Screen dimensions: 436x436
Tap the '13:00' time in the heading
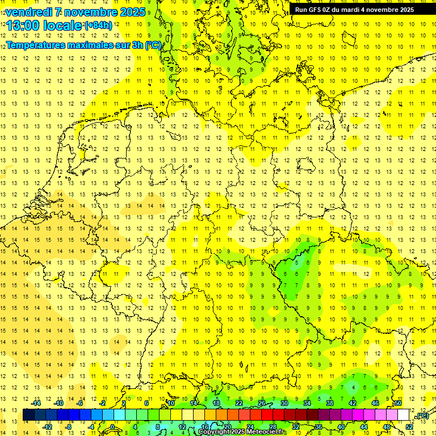[x=23, y=25]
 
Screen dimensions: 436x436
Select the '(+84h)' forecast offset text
[x=98, y=25]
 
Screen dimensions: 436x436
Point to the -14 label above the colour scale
[x=36, y=403]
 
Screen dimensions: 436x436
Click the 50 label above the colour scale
[x=398, y=403]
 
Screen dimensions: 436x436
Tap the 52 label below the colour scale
[x=409, y=426]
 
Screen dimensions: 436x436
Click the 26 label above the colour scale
[x=262, y=403]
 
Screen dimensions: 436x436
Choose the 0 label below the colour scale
[x=112, y=426]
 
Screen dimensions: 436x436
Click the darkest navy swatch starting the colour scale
[x=28, y=415]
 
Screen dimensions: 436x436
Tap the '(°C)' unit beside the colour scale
[x=422, y=416]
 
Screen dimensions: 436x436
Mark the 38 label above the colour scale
[x=330, y=403]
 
